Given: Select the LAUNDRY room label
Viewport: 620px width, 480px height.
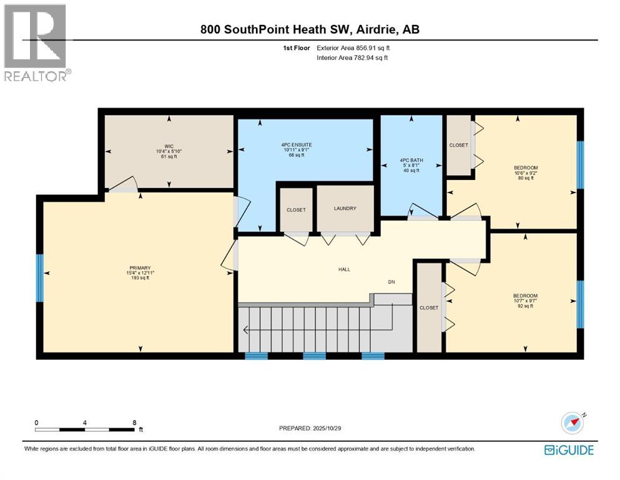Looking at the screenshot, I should click(345, 208).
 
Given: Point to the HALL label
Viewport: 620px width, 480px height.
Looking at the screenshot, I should click(344, 269).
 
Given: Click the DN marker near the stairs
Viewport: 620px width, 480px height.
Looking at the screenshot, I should click(391, 282).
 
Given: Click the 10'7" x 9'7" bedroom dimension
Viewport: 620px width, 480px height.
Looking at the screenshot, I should click(525, 301).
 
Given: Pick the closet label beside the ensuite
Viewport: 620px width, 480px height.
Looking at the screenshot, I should click(296, 210).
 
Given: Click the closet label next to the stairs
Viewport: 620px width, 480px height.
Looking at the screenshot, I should click(429, 307).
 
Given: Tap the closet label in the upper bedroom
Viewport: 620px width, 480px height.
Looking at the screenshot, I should click(458, 145).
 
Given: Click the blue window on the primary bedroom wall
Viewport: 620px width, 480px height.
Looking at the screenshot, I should click(39, 272).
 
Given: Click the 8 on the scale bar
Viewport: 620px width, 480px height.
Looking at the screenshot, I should click(134, 422).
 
